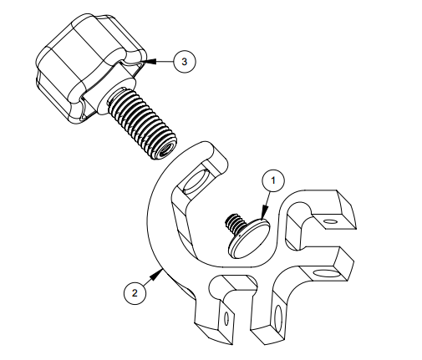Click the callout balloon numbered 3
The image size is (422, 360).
pyautogui.click(x=185, y=62)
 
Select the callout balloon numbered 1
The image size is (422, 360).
pyautogui.click(x=273, y=180)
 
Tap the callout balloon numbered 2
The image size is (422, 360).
pyautogui.click(x=135, y=293)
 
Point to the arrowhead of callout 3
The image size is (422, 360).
pyautogui.click(x=149, y=61)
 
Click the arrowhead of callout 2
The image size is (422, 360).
pyautogui.click(x=156, y=275)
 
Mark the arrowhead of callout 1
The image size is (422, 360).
pyautogui.click(x=265, y=212)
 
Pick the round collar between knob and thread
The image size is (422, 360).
pyautogui.click(x=117, y=94)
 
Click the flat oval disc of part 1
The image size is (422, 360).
pyautogui.click(x=250, y=238)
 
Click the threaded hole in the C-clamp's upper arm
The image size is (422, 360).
pyautogui.click(x=194, y=182)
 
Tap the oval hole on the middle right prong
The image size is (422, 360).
pyautogui.click(x=327, y=273)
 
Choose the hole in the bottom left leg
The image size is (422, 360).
pyautogui.click(x=226, y=317)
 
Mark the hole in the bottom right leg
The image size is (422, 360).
pyautogui.click(x=278, y=317)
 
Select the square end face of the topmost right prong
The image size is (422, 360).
pyautogui.click(x=346, y=210)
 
